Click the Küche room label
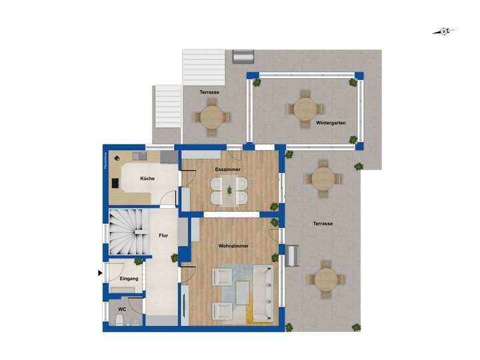coord(147,179)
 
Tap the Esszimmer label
coord(228,170)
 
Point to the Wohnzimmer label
coord(233,246)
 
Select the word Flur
coord(163,236)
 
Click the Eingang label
coord(129,278)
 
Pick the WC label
coord(122,310)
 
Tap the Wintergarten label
coord(331,123)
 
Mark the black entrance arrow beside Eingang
coord(101,273)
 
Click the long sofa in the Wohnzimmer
coord(261,291)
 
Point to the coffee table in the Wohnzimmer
coord(241,291)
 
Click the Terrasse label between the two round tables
coord(323,224)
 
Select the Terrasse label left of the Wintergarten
coord(209,92)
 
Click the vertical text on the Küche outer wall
coord(105,163)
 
